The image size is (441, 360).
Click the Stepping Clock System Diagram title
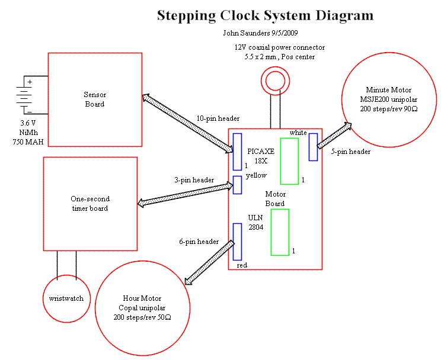pyautogui.click(x=265, y=15)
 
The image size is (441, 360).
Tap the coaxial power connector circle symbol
pyautogui.click(x=274, y=79)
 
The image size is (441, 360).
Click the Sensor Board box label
pyautogui.click(x=94, y=99)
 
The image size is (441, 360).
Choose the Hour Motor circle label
pyautogui.click(x=142, y=308)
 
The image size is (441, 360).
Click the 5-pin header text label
pyautogui.click(x=351, y=152)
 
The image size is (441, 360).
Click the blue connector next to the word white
pyautogui.click(x=313, y=147)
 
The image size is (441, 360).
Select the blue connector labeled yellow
pyautogui.click(x=237, y=185)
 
